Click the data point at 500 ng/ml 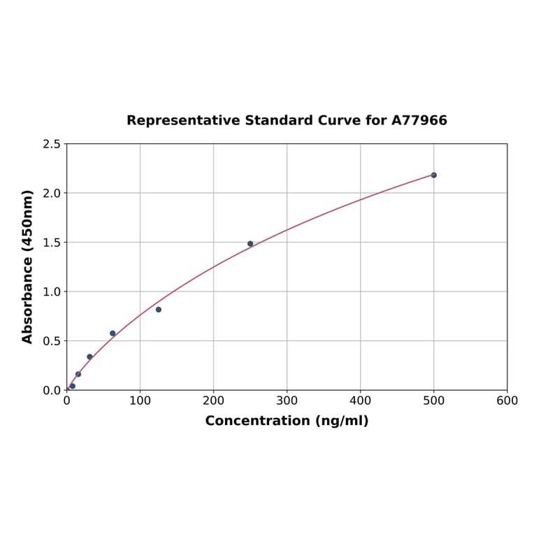coord(433,175)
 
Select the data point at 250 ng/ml coord(250,244)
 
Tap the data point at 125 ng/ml coord(159,310)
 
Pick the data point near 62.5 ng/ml coord(113,333)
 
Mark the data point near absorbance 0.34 coord(89,356)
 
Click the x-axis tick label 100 coord(140,400)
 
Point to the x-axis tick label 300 coord(287,400)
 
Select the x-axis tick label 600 coord(507,400)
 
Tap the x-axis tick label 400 coord(360,400)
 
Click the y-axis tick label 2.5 coord(52,144)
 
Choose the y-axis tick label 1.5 coord(52,243)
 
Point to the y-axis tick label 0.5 coord(52,341)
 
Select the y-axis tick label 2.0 coord(52,193)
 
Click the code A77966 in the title coord(419,120)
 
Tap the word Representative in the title coord(184,120)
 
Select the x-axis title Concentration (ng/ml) coord(287,421)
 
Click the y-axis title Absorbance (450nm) coord(28,266)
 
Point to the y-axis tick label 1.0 coord(52,291)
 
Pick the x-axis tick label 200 coord(213,400)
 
